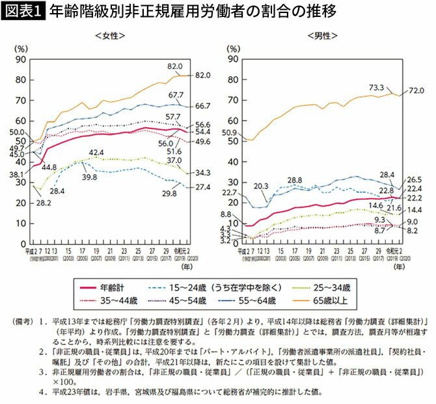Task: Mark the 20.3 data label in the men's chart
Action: pos(261,186)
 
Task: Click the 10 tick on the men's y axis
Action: pos(231,223)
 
